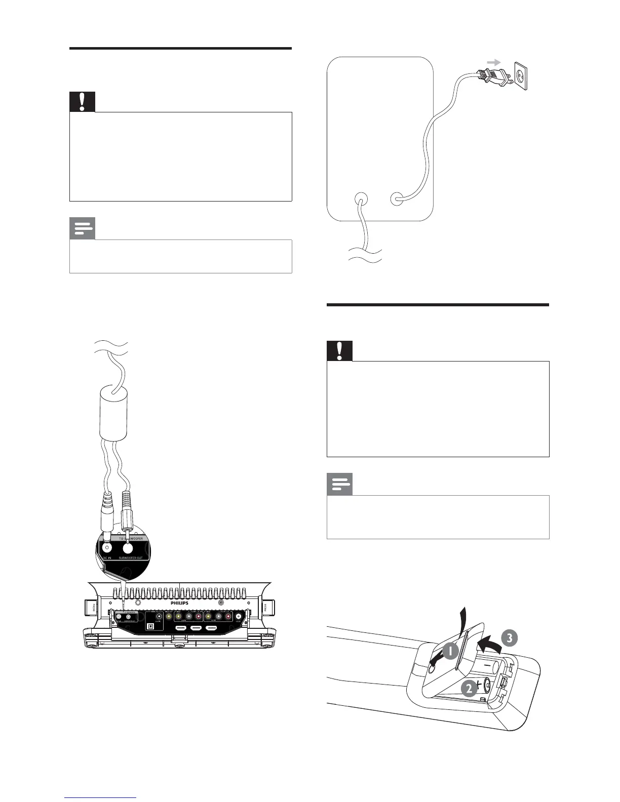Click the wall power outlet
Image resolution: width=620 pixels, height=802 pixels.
522,76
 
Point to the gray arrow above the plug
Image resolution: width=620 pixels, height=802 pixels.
493,62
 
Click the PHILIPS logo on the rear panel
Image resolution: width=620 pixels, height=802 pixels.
179,603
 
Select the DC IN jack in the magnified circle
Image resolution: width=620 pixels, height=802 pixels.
107,547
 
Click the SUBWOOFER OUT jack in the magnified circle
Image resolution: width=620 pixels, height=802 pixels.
128,547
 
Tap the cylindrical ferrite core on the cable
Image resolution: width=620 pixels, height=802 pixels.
113,413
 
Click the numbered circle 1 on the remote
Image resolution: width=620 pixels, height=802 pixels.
450,651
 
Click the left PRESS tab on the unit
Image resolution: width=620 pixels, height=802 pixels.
93,608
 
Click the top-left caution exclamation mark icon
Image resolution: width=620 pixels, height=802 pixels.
82,102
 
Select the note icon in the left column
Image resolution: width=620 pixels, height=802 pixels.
82,229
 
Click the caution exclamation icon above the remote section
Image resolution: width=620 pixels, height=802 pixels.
339,351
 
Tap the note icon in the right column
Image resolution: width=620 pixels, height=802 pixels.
339,485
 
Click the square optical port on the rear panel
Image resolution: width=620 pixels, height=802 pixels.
150,626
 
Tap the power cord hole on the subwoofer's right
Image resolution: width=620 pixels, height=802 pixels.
398,198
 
